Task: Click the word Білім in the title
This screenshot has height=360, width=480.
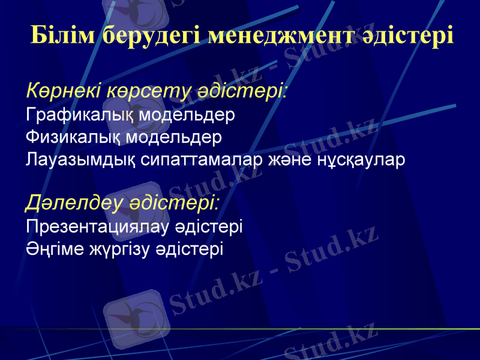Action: click(x=62, y=35)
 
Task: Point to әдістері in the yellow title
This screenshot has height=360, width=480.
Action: click(x=409, y=35)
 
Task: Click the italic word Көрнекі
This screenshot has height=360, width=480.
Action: click(x=64, y=91)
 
